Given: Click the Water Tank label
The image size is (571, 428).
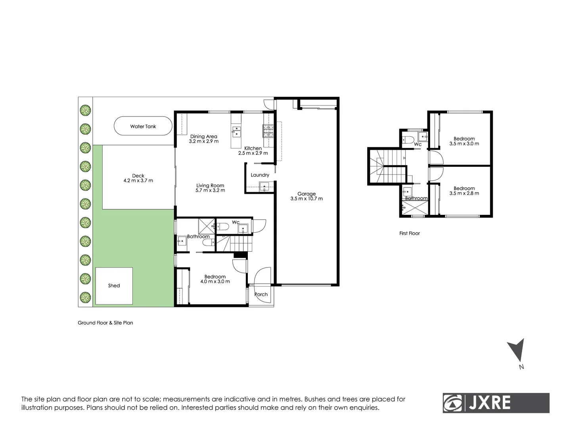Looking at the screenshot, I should [x=143, y=126].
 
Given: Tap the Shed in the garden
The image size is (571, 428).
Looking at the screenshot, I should [x=114, y=286].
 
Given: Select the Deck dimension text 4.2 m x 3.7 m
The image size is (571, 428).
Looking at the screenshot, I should [x=138, y=181].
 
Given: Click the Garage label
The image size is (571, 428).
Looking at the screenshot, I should [x=307, y=194].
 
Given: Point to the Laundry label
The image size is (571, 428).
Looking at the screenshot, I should [x=260, y=175].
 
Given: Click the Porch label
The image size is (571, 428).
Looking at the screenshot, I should [x=261, y=294].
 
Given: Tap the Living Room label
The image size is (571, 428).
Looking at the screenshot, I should [x=210, y=185].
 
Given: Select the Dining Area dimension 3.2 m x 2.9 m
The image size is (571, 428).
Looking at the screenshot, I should [x=203, y=141].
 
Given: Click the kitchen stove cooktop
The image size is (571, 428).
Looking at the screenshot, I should [x=268, y=131].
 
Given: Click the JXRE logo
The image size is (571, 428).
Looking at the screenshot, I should [x=496, y=403].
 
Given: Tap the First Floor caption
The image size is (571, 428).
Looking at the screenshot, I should [x=409, y=233].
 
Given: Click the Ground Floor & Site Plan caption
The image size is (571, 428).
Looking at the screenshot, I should [x=105, y=323].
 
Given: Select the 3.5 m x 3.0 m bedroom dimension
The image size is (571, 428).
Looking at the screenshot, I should [x=464, y=143].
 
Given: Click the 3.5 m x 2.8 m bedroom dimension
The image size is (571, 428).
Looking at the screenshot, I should [x=464, y=193].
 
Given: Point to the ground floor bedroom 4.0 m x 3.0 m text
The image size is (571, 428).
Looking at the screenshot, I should [x=215, y=281].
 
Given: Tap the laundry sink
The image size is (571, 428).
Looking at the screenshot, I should [x=264, y=187].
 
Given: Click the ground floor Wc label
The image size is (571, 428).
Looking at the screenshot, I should [x=236, y=222].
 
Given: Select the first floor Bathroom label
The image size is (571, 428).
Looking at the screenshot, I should [x=416, y=199].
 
